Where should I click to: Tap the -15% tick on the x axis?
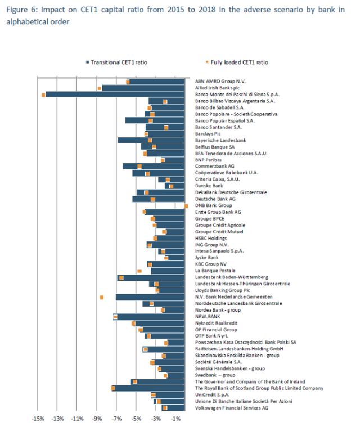[37, 419]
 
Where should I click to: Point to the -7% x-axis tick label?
[116, 419]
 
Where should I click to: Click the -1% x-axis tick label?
[175, 419]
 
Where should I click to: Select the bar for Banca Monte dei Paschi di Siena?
[115, 95]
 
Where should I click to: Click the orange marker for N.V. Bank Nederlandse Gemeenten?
[102, 297]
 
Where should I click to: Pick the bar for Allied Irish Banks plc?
[143, 88]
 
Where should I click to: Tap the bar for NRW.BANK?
[151, 317]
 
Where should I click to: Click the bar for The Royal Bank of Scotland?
[148, 388]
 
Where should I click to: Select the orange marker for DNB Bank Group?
[186, 206]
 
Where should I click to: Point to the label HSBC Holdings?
[212, 239]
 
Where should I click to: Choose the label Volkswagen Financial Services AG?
[231, 408]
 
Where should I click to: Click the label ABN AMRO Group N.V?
[217, 82]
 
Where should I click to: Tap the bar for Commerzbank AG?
[154, 167]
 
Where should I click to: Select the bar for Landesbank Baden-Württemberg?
[151, 277]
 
